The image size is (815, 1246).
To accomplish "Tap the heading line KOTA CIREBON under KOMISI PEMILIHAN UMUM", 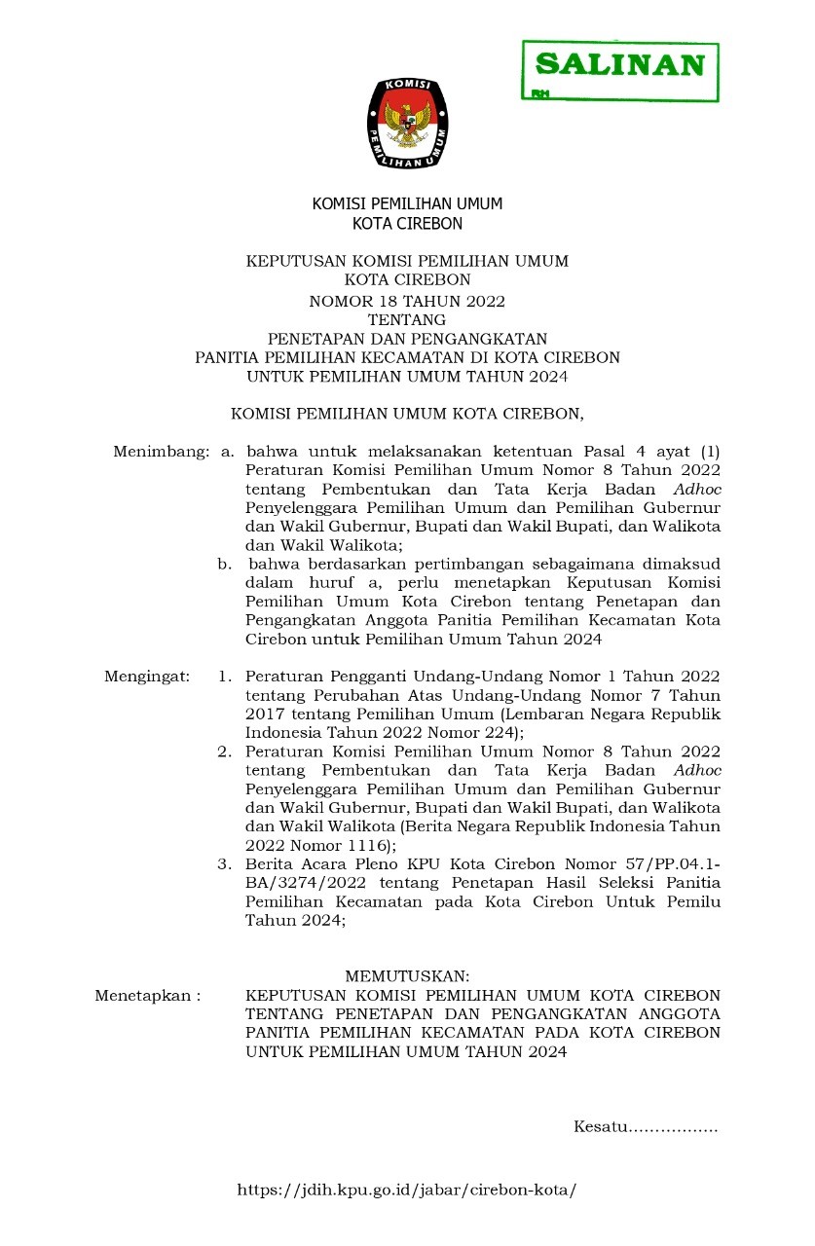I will (407, 224).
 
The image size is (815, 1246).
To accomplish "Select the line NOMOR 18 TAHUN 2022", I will (407, 301).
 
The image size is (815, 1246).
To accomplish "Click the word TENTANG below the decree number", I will (407, 319).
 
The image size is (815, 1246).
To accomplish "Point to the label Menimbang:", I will (162, 452).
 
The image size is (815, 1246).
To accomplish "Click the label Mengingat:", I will (147, 677).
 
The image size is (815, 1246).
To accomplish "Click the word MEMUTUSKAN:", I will (407, 975).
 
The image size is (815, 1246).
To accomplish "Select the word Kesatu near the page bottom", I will (598, 1127).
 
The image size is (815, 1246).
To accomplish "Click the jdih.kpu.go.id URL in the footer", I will (407, 1191).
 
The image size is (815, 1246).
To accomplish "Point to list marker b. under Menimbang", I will (224, 564).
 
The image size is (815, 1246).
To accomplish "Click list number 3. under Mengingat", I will (225, 863).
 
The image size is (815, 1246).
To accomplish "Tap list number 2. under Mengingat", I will (225, 751).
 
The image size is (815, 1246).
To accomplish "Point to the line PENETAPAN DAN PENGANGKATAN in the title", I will (407, 339).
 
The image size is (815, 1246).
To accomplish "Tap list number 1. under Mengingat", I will (225, 677).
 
